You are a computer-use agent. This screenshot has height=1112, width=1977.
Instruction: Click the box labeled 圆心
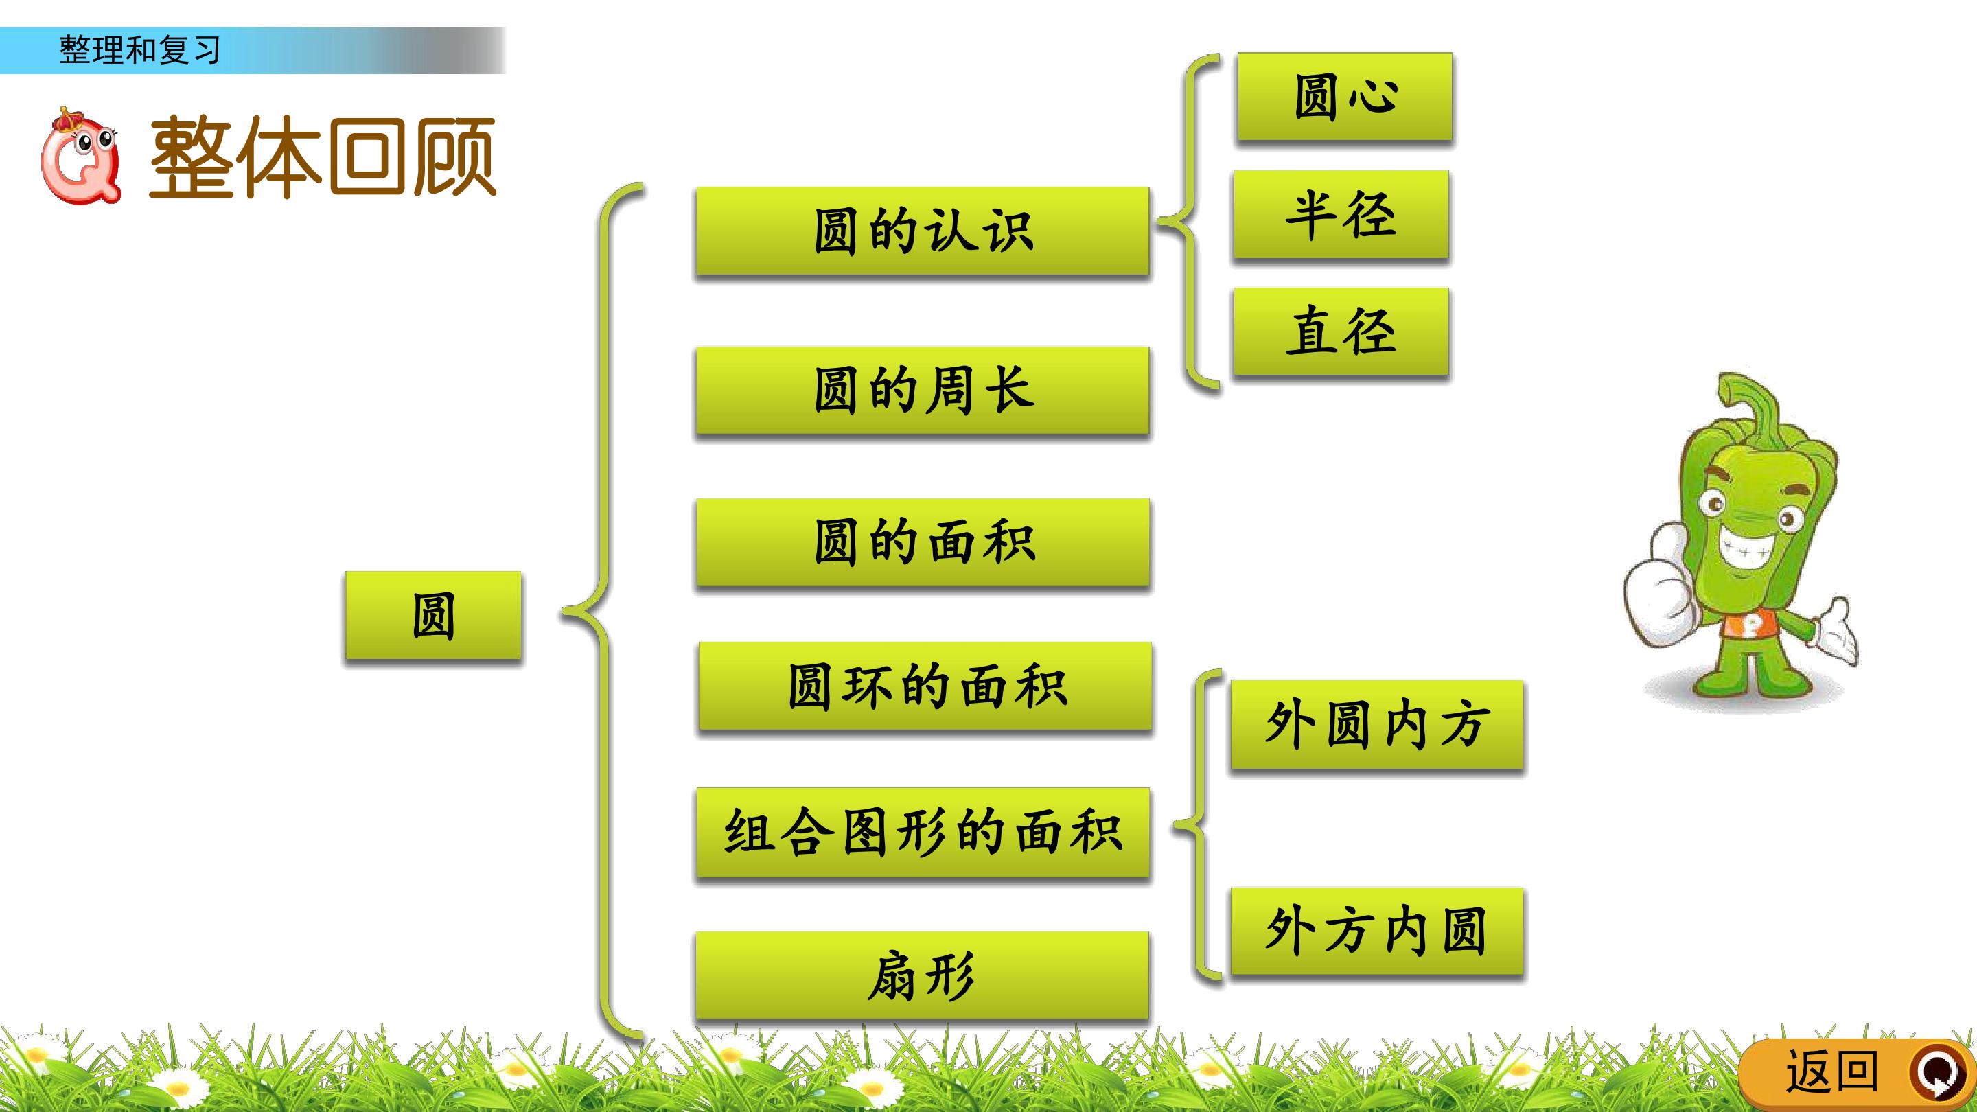(1344, 97)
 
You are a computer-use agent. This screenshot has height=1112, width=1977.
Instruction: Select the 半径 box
(1340, 214)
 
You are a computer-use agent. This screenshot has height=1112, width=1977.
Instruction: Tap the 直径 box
(1340, 332)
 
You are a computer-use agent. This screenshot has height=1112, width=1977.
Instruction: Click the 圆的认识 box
(922, 231)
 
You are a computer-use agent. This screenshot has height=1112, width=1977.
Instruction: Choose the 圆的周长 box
(922, 391)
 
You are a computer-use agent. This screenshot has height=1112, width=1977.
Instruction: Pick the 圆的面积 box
(923, 542)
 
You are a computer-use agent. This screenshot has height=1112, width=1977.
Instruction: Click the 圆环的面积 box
(925, 687)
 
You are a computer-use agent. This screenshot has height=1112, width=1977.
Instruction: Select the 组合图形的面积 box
(923, 833)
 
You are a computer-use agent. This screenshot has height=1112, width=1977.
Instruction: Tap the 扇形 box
(922, 976)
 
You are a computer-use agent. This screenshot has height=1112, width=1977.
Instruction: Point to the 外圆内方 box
(1377, 724)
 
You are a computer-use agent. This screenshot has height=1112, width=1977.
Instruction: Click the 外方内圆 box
(1377, 931)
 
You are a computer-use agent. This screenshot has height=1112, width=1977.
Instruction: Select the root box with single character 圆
(433, 616)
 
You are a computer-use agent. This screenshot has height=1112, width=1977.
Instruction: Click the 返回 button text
(1832, 1072)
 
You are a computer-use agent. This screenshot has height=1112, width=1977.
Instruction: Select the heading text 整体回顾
(323, 157)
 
